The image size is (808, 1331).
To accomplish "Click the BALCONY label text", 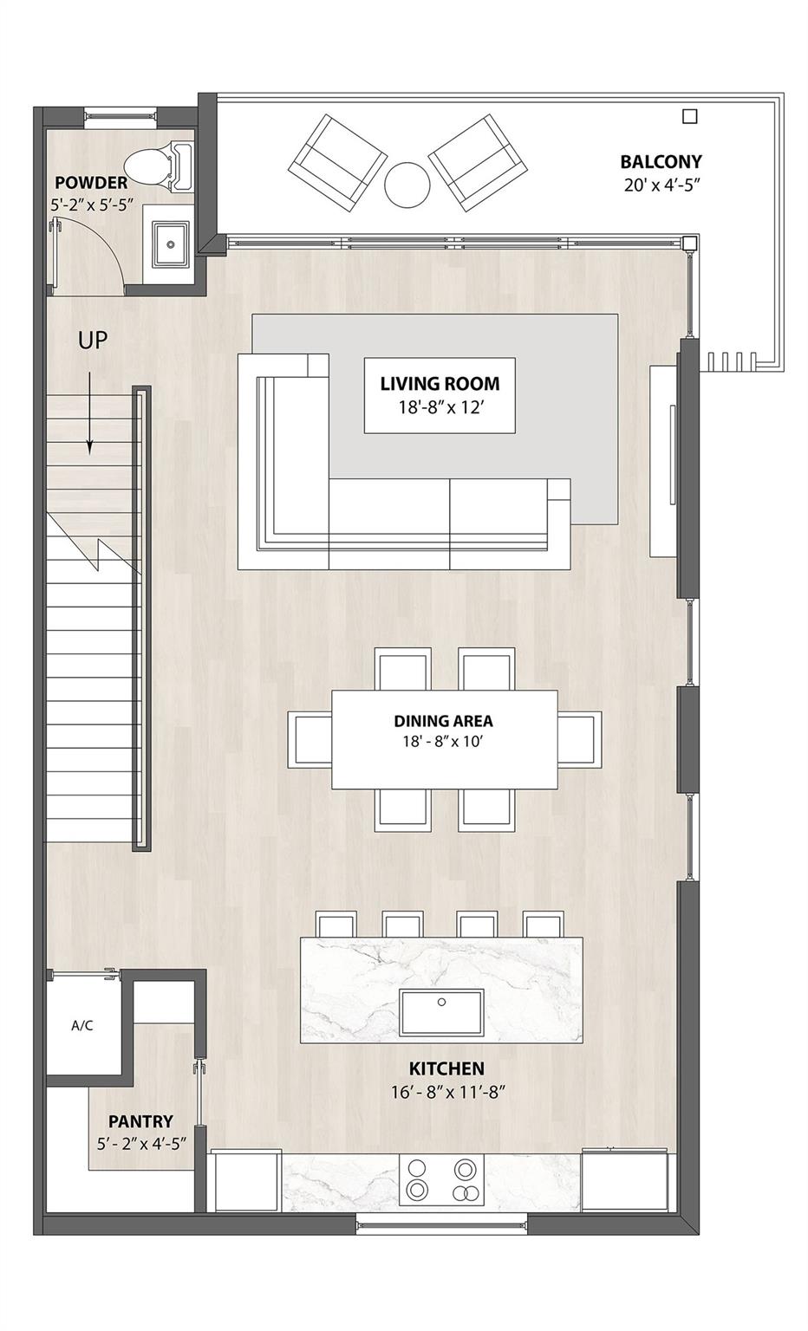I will pyautogui.click(x=661, y=161).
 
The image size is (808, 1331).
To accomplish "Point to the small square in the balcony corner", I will pyautogui.click(x=690, y=116).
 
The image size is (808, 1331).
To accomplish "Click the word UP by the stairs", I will pyautogui.click(x=93, y=341).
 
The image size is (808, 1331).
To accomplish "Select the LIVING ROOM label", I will pyautogui.click(x=440, y=383).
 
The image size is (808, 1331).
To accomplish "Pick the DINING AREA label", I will pyautogui.click(x=443, y=720).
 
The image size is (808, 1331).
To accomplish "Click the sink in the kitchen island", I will pyautogui.click(x=441, y=1013).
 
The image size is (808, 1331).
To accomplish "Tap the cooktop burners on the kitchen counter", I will pyautogui.click(x=442, y=1180).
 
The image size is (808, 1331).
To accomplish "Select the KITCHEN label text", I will pyautogui.click(x=447, y=1068).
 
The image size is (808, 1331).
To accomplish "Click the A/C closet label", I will pyautogui.click(x=82, y=1026).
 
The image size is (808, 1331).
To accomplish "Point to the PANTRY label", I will pyautogui.click(x=140, y=1121).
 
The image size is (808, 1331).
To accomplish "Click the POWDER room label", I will pyautogui.click(x=91, y=183).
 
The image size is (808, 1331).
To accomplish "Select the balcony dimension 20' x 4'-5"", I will pyautogui.click(x=661, y=185).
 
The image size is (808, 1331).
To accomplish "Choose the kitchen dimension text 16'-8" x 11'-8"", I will pyautogui.click(x=447, y=1092).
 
